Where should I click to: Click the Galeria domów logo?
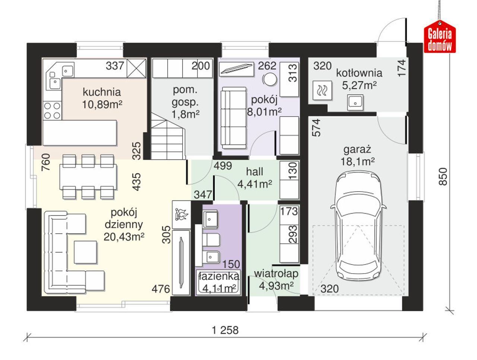tap(440, 37)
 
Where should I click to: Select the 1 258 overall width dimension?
tap(225, 330)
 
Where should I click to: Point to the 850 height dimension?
tap(443, 176)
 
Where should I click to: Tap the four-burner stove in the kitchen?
tap(53, 111)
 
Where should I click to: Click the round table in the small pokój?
tap(270, 79)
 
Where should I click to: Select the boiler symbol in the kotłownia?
tap(322, 91)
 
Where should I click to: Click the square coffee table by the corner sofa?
tap(85, 252)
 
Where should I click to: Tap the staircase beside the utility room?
tap(168, 136)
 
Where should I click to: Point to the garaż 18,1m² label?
tap(357, 155)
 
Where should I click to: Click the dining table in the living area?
tap(88, 177)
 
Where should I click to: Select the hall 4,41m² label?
tap(255, 178)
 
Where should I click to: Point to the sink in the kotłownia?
tap(355, 102)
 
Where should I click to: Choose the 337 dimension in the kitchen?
tap(115, 66)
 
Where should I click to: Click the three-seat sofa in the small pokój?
tap(233, 118)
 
